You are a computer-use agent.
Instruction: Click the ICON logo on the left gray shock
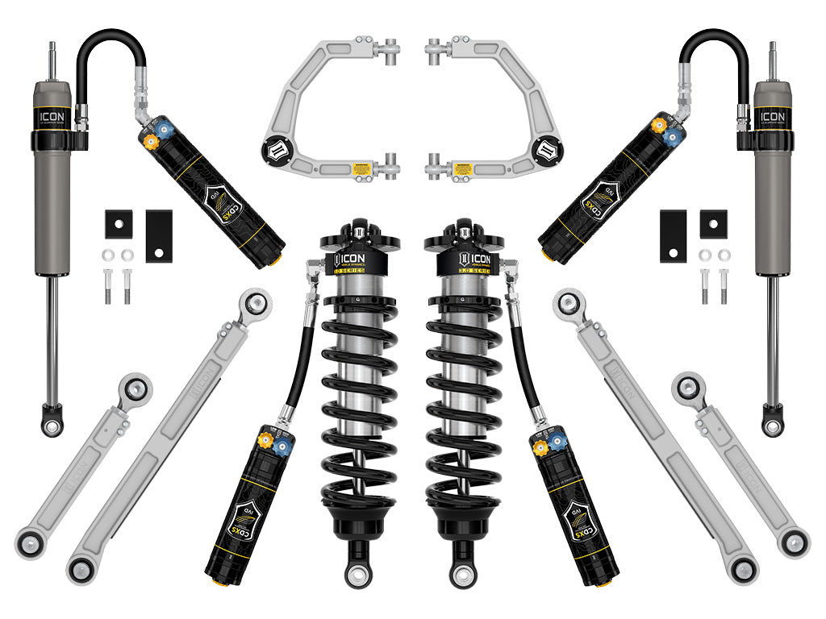[x=52, y=115]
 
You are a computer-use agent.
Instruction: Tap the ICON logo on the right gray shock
[x=772, y=115]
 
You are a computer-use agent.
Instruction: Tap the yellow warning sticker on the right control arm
[x=462, y=169]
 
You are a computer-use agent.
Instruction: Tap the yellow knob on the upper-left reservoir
[x=149, y=140]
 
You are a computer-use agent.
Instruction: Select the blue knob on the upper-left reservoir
[x=166, y=128]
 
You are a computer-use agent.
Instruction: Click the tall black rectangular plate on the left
[x=158, y=235]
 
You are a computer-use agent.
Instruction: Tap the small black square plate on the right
[x=713, y=223]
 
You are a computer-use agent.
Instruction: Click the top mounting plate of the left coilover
[x=356, y=240]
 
